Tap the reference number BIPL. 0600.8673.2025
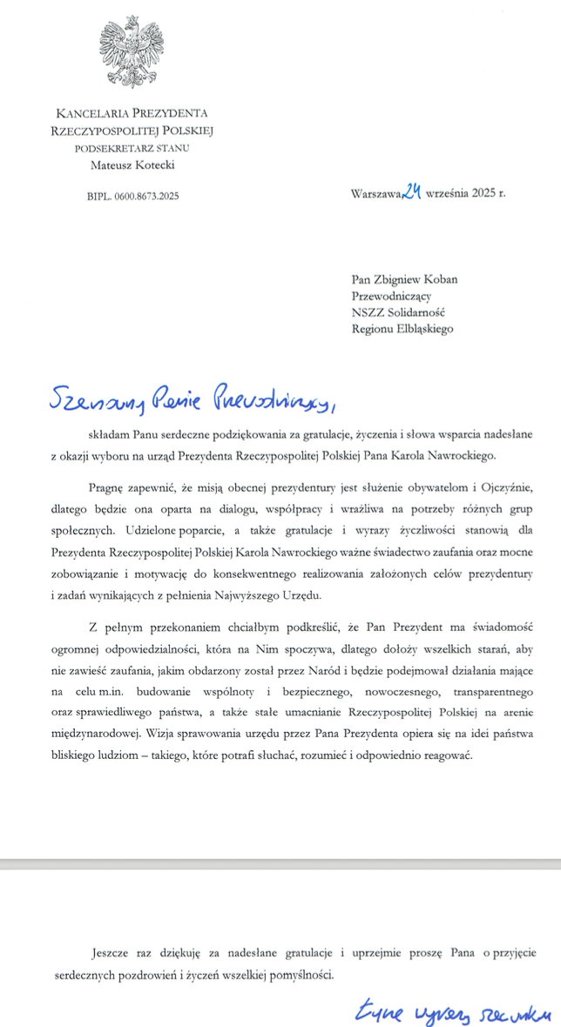click(132, 197)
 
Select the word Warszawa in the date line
click(373, 195)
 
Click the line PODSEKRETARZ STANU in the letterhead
click(132, 147)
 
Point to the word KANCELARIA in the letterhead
click(86, 113)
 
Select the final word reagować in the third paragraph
click(445, 753)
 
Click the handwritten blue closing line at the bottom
click(453, 1011)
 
